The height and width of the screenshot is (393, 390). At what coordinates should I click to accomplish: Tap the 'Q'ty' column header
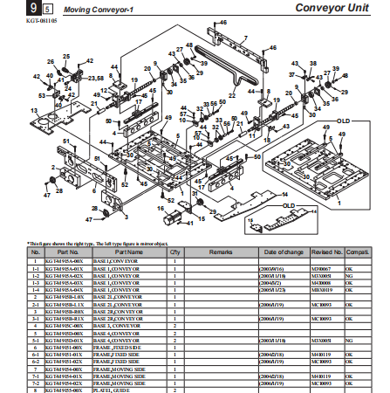tap(174, 251)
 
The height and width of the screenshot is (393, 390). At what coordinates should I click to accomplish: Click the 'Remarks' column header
tap(220, 251)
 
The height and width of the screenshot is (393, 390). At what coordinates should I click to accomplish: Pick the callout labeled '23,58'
tap(96, 79)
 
